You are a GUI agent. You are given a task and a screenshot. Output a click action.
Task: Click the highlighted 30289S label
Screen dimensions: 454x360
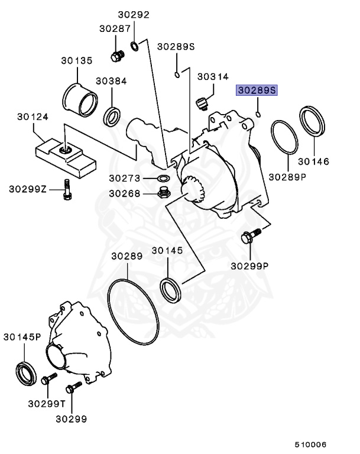[257, 90]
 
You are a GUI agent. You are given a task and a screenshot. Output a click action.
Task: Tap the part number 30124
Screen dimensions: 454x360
[33, 116]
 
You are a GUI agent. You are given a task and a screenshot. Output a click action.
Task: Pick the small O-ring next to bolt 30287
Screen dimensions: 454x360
[135, 46]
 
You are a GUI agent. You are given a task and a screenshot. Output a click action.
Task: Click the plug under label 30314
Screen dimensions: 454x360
[202, 103]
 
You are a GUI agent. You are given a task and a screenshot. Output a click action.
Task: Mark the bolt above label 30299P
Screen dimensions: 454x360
[249, 238]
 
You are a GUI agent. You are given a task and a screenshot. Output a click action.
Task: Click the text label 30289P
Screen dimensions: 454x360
[287, 176]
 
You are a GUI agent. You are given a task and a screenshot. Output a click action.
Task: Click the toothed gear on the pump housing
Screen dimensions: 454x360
[193, 189]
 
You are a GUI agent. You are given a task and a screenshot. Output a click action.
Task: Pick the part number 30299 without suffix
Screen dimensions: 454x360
[71, 419]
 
